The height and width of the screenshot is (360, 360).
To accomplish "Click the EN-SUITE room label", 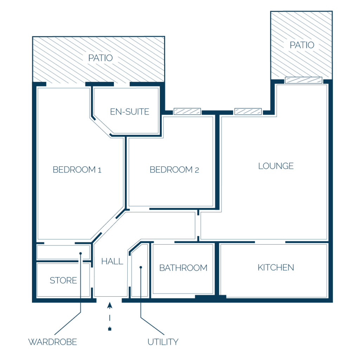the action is pyautogui.click(x=130, y=112).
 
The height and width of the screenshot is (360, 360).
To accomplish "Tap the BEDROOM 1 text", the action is pyautogui.click(x=77, y=170).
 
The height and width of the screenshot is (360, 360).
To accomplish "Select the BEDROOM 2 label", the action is pyautogui.click(x=174, y=170).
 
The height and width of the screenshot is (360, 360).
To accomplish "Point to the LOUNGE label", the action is pyautogui.click(x=276, y=166).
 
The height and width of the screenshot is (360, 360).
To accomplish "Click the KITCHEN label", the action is pyautogui.click(x=276, y=268).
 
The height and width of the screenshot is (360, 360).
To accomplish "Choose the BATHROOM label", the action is pyautogui.click(x=183, y=268).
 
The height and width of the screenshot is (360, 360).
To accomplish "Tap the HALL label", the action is pyautogui.click(x=112, y=261).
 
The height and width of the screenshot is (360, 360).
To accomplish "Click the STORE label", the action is pyautogui.click(x=63, y=280).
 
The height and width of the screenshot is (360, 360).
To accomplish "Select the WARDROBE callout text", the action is pyautogui.click(x=53, y=342).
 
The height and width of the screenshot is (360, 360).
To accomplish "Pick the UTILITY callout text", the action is pyautogui.click(x=163, y=342).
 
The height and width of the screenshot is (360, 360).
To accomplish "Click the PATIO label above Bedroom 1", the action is pyautogui.click(x=101, y=58).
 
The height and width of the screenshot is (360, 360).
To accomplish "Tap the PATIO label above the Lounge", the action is pyautogui.click(x=302, y=45).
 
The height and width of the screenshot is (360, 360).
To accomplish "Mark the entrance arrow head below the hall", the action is pyautogui.click(x=110, y=305).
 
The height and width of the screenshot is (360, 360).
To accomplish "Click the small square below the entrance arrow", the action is pyautogui.click(x=110, y=329).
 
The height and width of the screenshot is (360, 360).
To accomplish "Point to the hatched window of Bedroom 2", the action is pyautogui.click(x=187, y=111).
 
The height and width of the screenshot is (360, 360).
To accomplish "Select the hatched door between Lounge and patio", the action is pyautogui.click(x=303, y=80).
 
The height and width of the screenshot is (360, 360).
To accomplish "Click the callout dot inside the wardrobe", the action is pyautogui.click(x=81, y=253).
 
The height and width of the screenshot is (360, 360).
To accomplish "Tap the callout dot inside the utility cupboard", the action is pyautogui.click(x=141, y=267).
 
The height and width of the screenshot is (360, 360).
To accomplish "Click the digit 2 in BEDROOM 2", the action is pyautogui.click(x=197, y=170).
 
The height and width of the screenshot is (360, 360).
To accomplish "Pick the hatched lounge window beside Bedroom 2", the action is pyautogui.click(x=248, y=111).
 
